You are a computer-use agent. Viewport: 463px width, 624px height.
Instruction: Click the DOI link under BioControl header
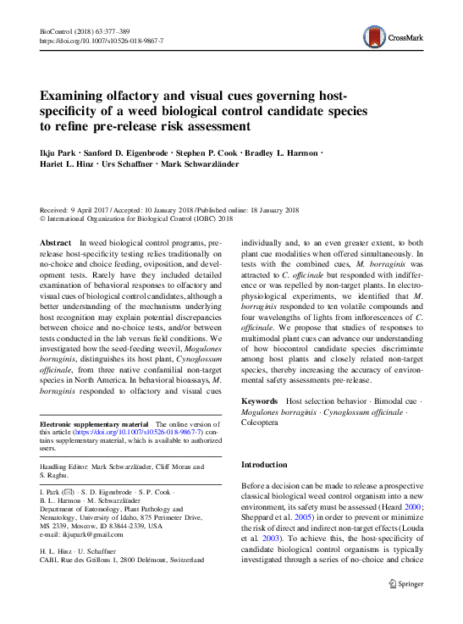point(102,40)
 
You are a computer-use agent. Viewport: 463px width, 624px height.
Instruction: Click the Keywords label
point(260,400)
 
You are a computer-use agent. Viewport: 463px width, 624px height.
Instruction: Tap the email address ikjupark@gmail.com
point(91,535)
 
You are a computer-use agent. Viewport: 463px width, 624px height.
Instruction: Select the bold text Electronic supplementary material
point(92,423)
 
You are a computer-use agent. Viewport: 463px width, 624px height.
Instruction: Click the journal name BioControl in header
point(58,30)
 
